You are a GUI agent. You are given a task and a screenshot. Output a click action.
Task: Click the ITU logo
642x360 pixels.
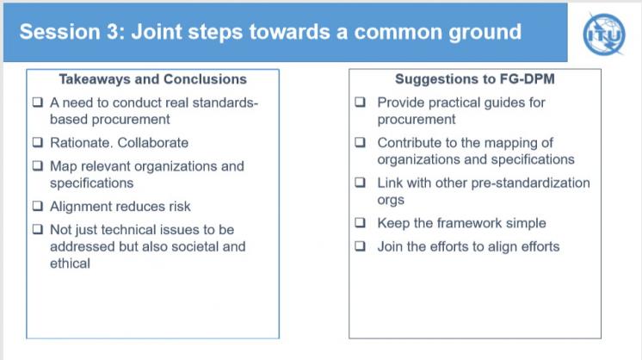[604, 34]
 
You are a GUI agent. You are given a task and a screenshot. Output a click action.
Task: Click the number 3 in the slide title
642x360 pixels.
[113, 32]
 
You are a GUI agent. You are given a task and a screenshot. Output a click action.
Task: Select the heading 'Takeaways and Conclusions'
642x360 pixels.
[152, 79]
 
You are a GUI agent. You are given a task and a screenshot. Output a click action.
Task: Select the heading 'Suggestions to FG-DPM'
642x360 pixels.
[475, 78]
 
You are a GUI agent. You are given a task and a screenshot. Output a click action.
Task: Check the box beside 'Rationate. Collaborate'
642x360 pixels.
[38, 142]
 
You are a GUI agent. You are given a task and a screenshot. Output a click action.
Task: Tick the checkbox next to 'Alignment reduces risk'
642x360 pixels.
[38, 206]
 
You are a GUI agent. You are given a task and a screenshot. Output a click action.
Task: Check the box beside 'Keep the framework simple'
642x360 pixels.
[360, 222]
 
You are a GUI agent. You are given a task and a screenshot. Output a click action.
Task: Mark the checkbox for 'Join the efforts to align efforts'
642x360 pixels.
[360, 245]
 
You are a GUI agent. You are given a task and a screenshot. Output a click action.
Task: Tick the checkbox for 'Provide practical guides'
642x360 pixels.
[360, 102]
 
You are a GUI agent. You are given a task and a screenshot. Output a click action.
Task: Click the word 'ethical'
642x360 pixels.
[70, 264]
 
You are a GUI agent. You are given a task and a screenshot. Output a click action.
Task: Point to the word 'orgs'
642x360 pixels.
[391, 201]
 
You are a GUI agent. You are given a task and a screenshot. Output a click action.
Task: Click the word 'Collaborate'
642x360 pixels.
[153, 142]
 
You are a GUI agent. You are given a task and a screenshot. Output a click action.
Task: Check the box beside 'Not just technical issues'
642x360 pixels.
[38, 229]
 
